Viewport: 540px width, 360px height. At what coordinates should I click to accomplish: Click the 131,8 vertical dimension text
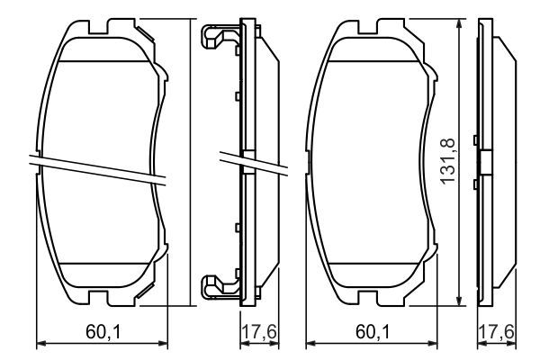tap(447, 162)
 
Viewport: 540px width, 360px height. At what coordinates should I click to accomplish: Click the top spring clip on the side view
tap(216, 40)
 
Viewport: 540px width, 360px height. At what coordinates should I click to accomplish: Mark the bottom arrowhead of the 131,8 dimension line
tap(461, 302)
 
